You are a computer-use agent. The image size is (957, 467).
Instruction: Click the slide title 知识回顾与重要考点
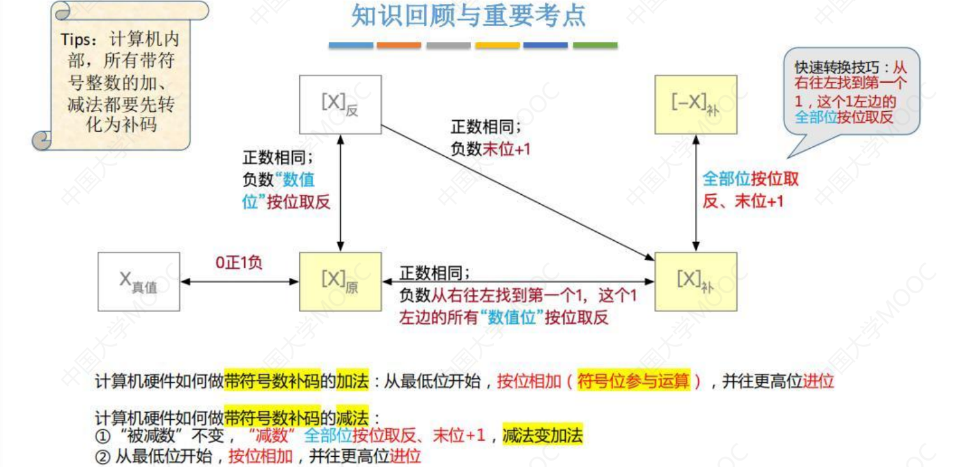click(468, 17)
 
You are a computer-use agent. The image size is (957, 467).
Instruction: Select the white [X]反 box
click(340, 104)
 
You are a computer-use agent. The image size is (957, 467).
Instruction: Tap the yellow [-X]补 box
click(696, 104)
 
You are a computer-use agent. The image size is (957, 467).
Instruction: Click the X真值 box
click(139, 282)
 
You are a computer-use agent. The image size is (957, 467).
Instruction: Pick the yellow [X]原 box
click(340, 282)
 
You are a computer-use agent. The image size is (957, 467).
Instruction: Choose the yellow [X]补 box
click(696, 282)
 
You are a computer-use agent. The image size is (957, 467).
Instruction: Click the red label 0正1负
click(238, 263)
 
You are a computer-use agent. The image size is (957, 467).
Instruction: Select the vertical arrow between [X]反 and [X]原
click(340, 192)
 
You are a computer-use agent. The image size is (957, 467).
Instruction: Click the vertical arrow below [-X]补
click(696, 192)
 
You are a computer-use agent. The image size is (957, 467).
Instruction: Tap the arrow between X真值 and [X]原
click(240, 281)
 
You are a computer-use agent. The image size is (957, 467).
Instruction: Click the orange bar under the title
click(399, 45)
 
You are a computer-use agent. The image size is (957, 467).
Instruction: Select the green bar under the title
click(595, 45)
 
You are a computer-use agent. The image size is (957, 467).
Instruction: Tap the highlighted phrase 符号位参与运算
click(634, 381)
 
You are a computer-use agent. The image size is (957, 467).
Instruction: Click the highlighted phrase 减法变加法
click(543, 436)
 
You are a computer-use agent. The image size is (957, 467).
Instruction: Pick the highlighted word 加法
click(353, 381)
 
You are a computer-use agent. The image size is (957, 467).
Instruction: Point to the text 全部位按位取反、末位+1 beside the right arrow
click(750, 190)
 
